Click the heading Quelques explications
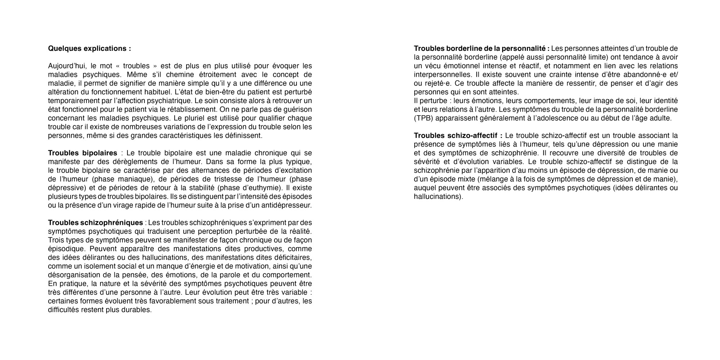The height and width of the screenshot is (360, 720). [89, 49]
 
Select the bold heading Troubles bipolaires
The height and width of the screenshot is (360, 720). [82, 153]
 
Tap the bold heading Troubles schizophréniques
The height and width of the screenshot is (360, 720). [95, 223]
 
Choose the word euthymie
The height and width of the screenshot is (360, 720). [263, 188]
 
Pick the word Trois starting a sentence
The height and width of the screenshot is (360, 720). [56, 240]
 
